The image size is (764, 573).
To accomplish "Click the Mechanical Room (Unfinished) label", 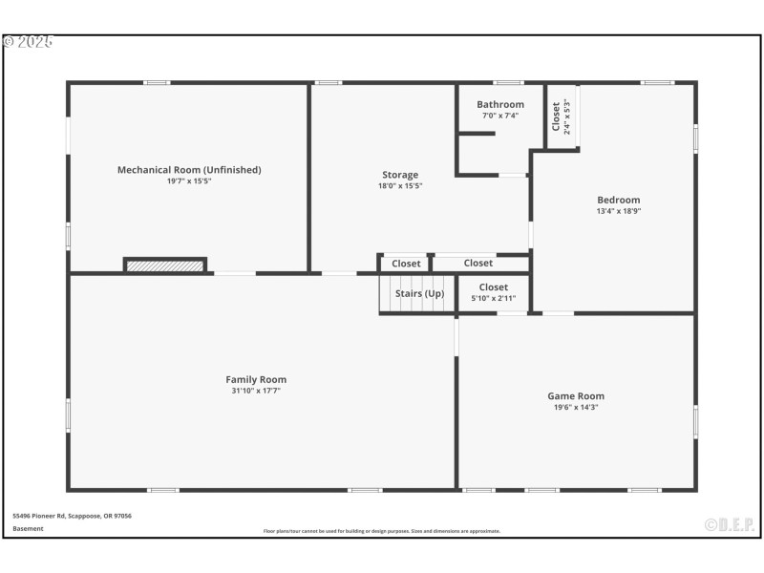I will [189, 170].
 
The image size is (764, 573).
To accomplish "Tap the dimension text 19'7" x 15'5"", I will [189, 180].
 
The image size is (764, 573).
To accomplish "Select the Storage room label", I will [400, 175].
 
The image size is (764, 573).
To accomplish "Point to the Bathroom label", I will [500, 105].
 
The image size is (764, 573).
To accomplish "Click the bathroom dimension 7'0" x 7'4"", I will [500, 116].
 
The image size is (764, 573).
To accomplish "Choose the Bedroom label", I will [619, 201].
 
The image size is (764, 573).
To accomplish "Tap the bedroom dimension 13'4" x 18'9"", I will [619, 211].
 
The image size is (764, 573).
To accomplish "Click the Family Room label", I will [256, 380].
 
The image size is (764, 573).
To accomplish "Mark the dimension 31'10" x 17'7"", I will [256, 391].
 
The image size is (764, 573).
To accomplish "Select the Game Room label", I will [576, 396].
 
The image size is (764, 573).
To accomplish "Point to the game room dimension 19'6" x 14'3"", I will [576, 407].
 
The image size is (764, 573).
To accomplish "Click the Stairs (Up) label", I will [419, 294].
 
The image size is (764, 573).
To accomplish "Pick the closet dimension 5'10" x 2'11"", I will [494, 298].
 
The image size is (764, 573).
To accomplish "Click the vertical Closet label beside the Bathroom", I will [556, 117].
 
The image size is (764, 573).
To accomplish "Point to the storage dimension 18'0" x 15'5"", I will [400, 185].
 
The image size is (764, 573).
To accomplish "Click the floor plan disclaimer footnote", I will [382, 531].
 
